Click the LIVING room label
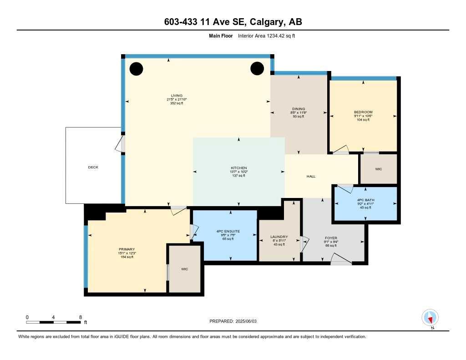(176, 96)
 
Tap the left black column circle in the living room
(136, 69)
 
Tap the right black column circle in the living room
(257, 68)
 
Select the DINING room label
(299, 108)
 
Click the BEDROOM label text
(363, 112)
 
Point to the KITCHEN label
(238, 168)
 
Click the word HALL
(311, 177)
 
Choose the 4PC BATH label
(366, 199)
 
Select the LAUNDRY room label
(279, 237)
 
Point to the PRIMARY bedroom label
(126, 249)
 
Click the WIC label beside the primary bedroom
(184, 269)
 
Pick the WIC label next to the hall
(378, 169)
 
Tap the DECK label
(93, 167)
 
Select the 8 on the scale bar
(80, 317)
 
